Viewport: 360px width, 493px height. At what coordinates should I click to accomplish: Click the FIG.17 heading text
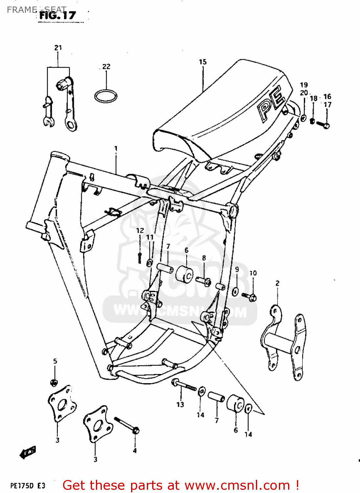point(57,15)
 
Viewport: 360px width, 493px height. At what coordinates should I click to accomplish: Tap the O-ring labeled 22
point(106,96)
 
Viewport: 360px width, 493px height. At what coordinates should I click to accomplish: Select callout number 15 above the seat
point(203,62)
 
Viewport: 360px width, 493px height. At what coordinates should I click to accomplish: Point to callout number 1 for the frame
point(116,149)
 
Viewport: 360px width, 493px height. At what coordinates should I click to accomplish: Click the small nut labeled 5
point(54,382)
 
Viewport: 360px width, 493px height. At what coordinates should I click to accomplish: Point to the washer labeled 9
point(236,291)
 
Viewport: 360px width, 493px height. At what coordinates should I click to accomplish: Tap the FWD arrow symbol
point(28,453)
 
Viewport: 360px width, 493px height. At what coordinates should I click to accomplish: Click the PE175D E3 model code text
point(28,485)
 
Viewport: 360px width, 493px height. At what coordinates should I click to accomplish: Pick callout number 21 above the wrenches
point(58,48)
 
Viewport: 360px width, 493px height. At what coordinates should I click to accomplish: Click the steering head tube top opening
point(59,155)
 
